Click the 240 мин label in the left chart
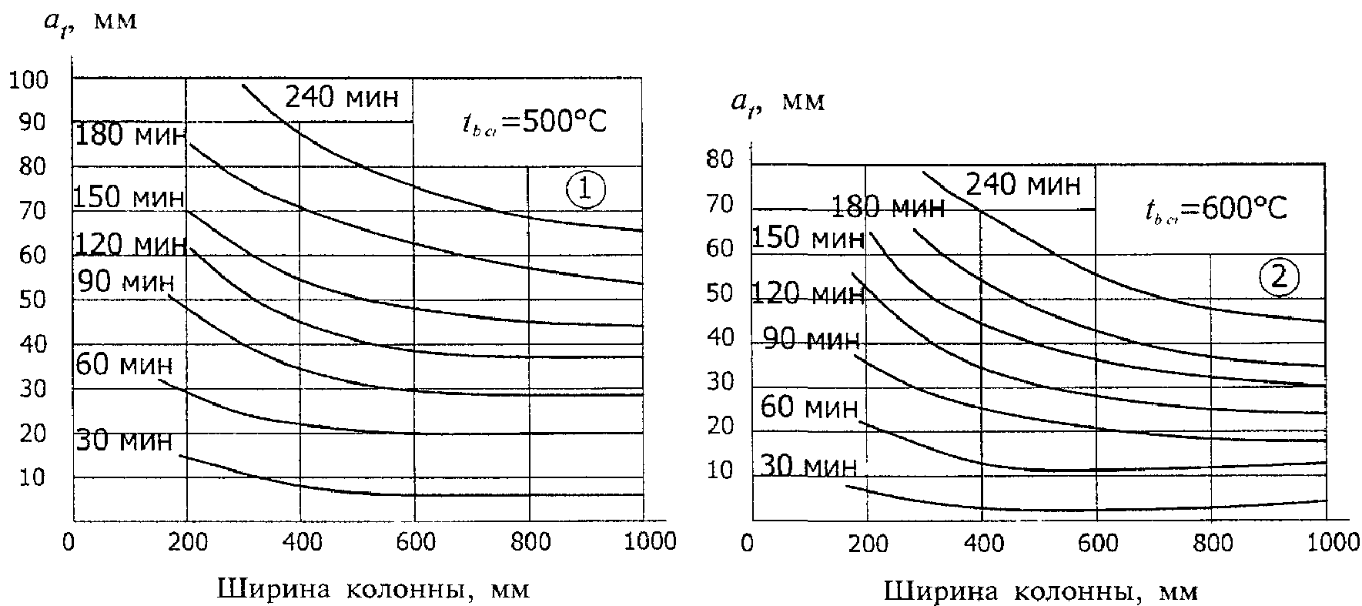tap(343, 98)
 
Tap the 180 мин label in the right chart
tap(888, 207)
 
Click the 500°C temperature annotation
tap(535, 122)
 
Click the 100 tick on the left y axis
tap(28, 79)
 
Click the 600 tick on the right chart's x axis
tap(1097, 544)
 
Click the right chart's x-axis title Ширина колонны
tap(1042, 591)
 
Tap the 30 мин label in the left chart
tap(124, 441)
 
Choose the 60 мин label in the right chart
tap(808, 407)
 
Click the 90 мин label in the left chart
tap(125, 282)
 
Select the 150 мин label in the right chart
tap(808, 238)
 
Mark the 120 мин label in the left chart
tap(130, 245)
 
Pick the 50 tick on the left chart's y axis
tap(32, 300)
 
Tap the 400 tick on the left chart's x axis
tap(301, 541)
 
